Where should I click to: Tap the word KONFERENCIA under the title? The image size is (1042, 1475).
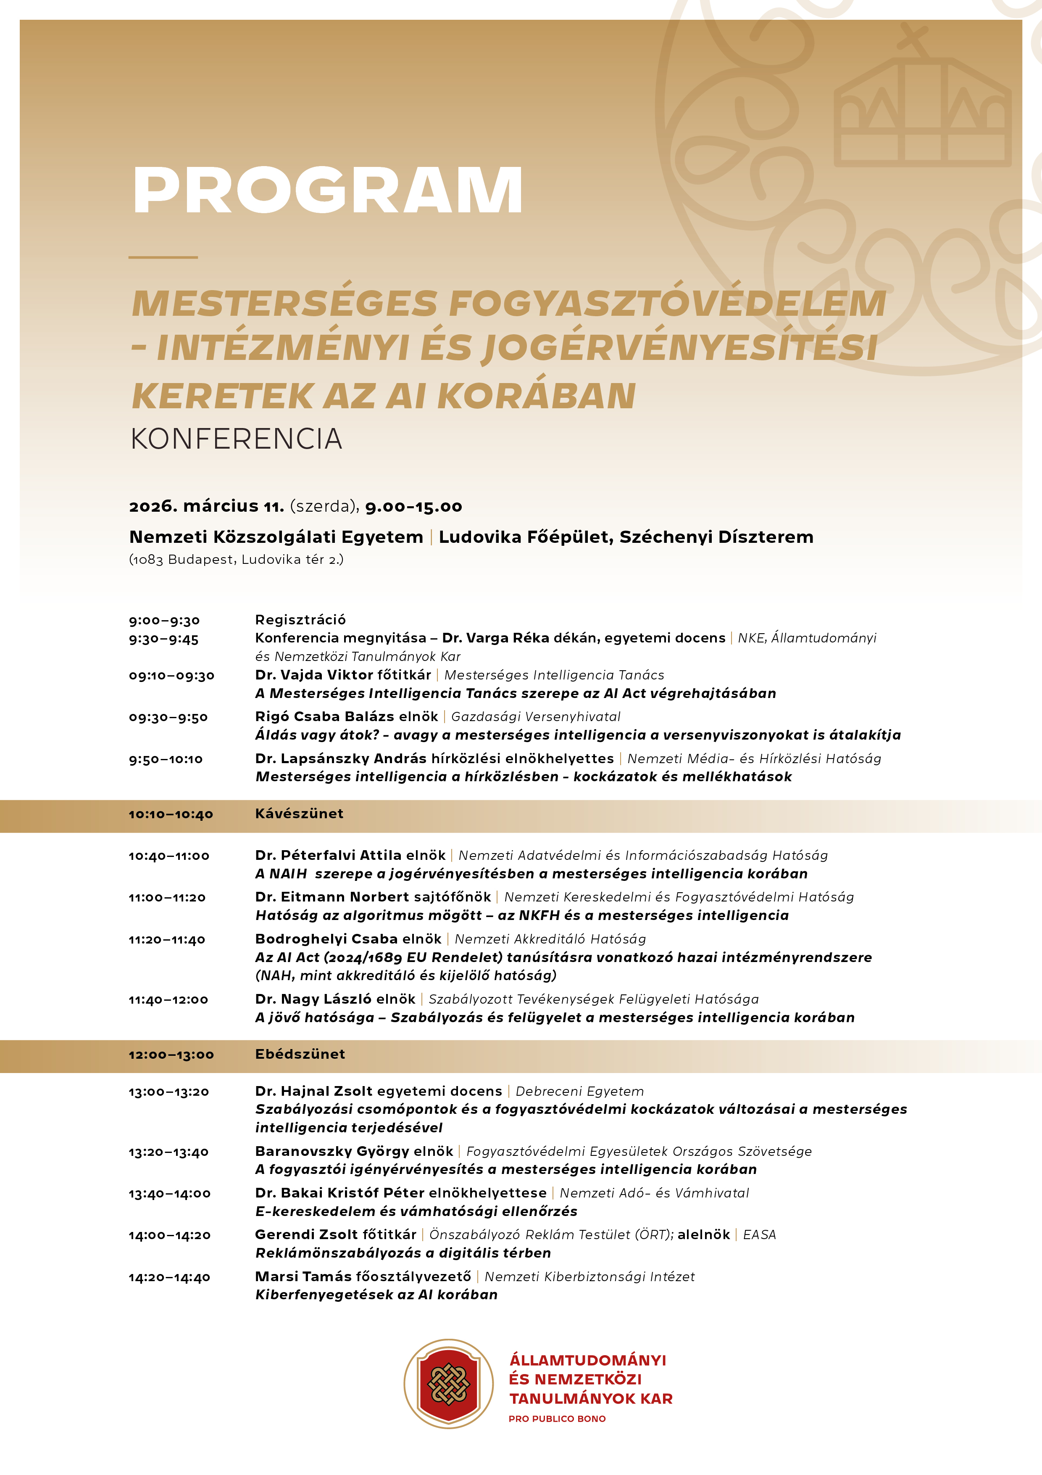coord(236,439)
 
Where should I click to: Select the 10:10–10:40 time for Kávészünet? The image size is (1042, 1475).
coord(171,814)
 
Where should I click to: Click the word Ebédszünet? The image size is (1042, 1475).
coord(300,1054)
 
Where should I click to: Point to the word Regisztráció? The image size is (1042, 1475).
coord(300,620)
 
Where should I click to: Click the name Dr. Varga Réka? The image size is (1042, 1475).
coord(496,638)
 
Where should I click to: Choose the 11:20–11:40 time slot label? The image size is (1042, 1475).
coord(167,940)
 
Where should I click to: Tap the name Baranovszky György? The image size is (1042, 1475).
coord(331,1151)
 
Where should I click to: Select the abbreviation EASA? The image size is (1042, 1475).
coord(760,1235)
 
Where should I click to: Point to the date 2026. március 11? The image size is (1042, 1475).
coord(207,507)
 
